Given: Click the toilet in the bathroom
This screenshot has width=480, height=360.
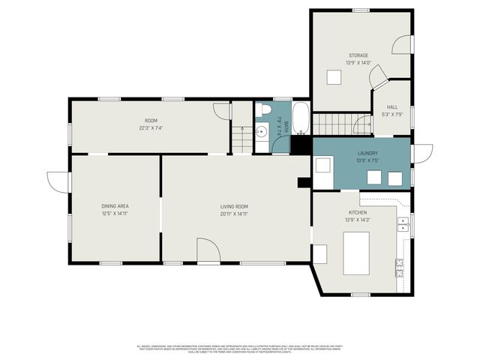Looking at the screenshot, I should click(x=263, y=112).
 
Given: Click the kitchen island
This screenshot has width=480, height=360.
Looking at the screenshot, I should click(x=356, y=253).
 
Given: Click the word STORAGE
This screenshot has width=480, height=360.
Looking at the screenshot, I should click(x=358, y=55).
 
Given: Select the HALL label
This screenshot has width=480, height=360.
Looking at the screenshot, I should click(x=391, y=107).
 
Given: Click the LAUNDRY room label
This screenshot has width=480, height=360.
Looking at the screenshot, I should click(x=367, y=153).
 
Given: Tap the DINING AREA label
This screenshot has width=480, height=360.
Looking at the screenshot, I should click(x=115, y=205).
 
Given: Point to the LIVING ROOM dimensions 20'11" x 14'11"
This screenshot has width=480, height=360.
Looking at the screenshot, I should click(x=234, y=214).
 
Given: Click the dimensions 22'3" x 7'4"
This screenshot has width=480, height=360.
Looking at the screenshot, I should click(x=151, y=128).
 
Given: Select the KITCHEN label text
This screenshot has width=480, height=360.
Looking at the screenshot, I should click(x=357, y=213).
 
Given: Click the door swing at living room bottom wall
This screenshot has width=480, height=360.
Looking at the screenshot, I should click(x=208, y=250).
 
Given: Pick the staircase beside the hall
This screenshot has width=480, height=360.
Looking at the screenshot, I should click(x=331, y=123).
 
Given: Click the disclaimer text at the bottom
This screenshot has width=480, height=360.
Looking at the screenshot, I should click(x=240, y=349).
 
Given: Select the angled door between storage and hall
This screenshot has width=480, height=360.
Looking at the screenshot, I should click(x=379, y=76).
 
